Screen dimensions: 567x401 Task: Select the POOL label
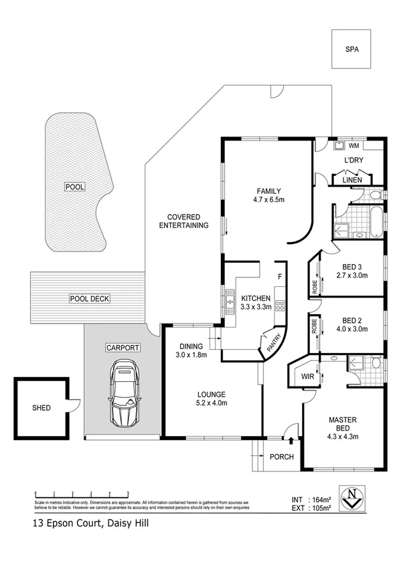pos(75,187)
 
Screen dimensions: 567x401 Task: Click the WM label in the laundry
pos(353,145)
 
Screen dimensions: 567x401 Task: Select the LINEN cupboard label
pos(352,180)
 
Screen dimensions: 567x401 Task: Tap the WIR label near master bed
pos(308,376)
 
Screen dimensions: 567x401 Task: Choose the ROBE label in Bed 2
pos(315,330)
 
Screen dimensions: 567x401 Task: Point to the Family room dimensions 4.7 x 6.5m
pos(269,199)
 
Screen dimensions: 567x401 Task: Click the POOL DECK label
pos(89,299)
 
